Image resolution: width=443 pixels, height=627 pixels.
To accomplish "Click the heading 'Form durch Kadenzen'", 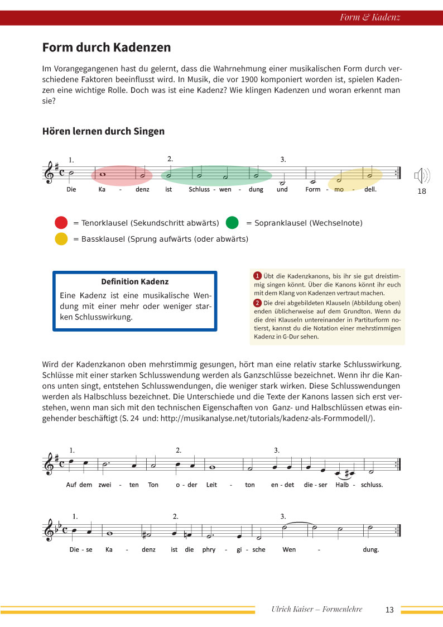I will coord(107,47).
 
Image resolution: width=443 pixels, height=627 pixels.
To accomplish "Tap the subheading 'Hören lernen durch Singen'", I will coord(103,132).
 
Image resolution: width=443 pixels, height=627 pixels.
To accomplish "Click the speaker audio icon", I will coord(422,176).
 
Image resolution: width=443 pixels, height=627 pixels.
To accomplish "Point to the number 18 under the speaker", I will coord(421,192).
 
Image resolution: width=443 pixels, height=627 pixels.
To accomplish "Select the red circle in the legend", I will coord(61,223).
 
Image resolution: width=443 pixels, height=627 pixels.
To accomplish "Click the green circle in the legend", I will coord(232,223).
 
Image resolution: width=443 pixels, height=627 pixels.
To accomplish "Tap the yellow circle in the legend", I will coord(61,239).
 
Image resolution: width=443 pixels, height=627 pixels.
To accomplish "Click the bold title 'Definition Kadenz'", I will coord(135,281).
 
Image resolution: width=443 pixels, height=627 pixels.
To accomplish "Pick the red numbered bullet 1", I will coord(257,276).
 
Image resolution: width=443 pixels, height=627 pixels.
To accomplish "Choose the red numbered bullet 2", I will coord(257,303).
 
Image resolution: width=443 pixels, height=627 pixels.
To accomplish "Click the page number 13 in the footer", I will coord(389,610).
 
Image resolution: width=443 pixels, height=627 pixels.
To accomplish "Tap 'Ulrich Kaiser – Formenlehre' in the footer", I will coord(316,609).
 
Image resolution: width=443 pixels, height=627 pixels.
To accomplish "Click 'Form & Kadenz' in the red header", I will coord(370,17).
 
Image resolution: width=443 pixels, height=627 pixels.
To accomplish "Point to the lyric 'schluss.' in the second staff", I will coord(372,485).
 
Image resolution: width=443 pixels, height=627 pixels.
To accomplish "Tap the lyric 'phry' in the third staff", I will coord(208,549).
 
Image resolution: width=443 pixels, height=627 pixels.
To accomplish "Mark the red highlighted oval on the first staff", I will coord(122,175).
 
